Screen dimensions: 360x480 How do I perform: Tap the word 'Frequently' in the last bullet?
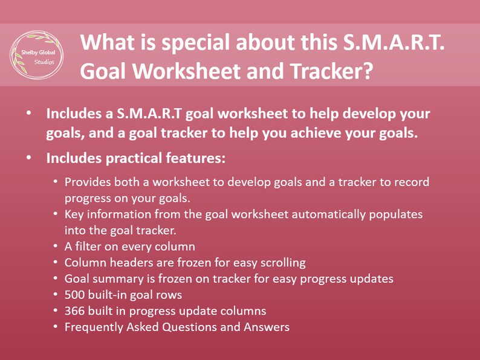pos(92,327)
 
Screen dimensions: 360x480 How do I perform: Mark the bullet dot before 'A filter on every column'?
pos(56,246)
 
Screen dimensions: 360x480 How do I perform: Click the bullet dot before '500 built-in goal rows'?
pos(56,295)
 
